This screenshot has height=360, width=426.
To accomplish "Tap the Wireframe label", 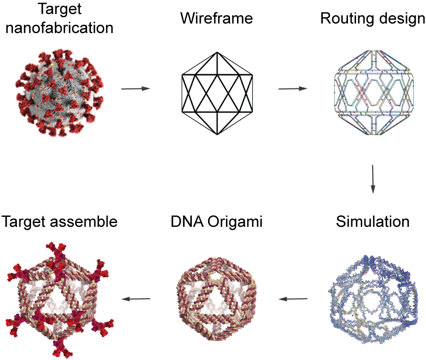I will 217,19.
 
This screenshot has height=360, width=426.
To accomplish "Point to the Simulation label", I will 373,222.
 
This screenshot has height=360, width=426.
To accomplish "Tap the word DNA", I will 187,222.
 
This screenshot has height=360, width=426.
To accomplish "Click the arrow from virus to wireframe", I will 136,88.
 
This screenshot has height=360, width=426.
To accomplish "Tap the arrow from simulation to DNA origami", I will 293,299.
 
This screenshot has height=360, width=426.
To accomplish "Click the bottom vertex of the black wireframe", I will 218,134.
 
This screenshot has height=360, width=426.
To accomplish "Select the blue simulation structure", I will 373,300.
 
